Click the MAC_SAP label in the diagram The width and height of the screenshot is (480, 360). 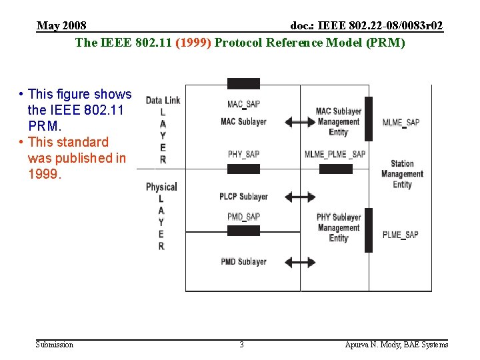(x=243, y=105)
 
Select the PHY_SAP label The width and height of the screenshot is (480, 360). (x=243, y=155)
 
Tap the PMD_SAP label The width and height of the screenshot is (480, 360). (x=243, y=217)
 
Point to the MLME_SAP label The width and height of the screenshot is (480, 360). (x=401, y=123)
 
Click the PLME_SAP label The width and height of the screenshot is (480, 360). (x=401, y=235)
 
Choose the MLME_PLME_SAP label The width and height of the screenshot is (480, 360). (x=335, y=155)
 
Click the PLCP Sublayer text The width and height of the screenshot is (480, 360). (x=243, y=197)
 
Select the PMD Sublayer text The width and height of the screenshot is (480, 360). (x=243, y=262)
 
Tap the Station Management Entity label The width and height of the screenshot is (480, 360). (x=402, y=174)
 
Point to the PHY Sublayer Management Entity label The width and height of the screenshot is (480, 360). (x=339, y=227)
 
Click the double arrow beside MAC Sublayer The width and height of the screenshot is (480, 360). (x=301, y=122)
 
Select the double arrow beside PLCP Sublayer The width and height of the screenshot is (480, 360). (x=301, y=197)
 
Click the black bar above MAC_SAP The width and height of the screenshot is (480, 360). (x=243, y=84)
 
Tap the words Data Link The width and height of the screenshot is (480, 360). (x=163, y=101)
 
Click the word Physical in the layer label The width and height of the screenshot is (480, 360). (x=161, y=187)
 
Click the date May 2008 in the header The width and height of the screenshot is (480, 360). (x=61, y=26)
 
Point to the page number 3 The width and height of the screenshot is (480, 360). (x=241, y=345)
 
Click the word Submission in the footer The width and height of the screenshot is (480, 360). (x=55, y=345)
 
